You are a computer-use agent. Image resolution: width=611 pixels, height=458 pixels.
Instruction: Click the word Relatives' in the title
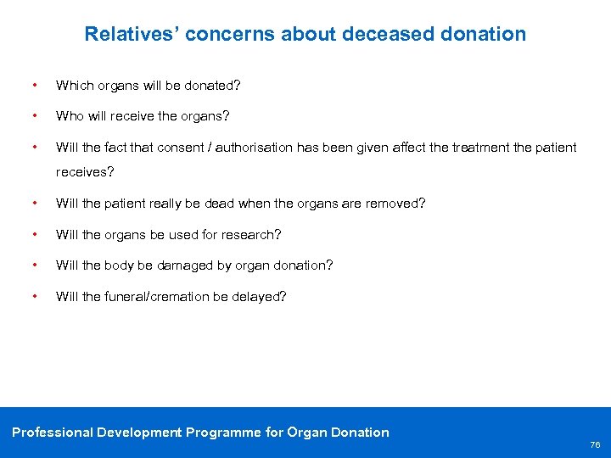tap(132, 34)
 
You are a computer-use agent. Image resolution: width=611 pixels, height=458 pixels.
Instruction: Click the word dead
tap(255, 204)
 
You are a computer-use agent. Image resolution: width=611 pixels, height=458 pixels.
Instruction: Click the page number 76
tap(594, 444)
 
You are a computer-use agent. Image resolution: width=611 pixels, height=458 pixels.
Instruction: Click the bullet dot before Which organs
tap(33, 86)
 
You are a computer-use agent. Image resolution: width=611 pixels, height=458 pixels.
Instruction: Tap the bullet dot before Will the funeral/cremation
tap(33, 296)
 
